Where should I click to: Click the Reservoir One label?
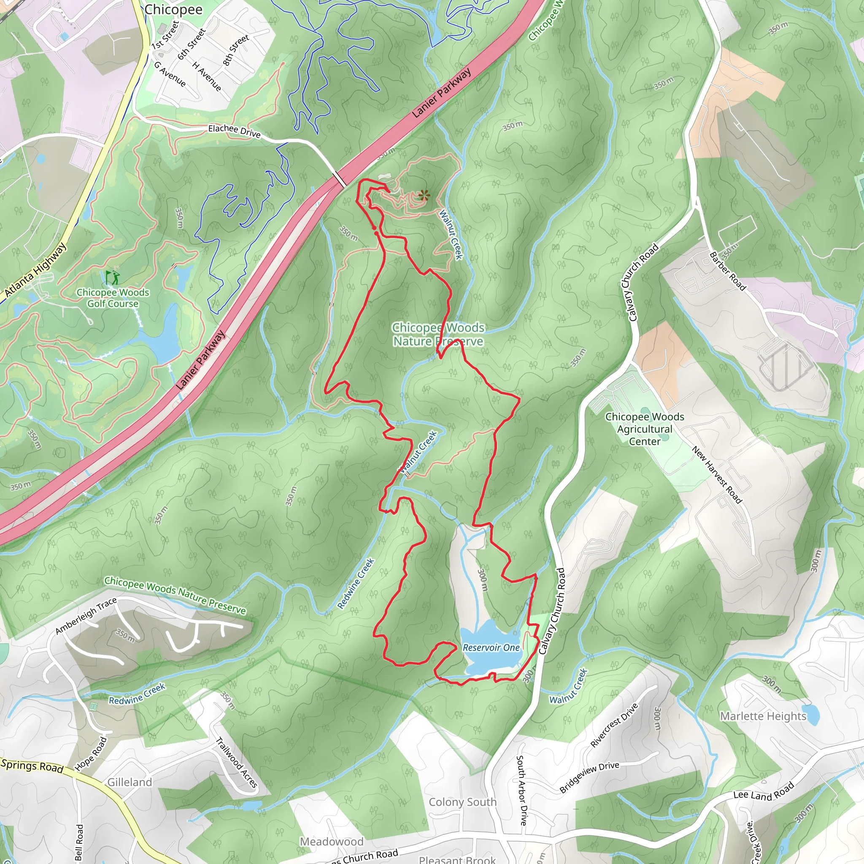pos(491,648)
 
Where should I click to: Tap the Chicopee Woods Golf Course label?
pos(113,298)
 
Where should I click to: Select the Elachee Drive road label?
pos(234,131)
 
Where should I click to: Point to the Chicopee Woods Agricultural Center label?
pos(645,429)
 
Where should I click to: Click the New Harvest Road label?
pos(717,475)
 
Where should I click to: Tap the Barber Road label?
pos(728,271)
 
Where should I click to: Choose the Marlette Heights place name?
pos(763,716)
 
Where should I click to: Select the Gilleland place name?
pos(130,782)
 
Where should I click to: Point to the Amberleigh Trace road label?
pos(86,616)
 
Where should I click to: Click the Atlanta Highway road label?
pos(36,270)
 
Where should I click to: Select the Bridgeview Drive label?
pos(589,777)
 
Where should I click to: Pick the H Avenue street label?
pos(207,76)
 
